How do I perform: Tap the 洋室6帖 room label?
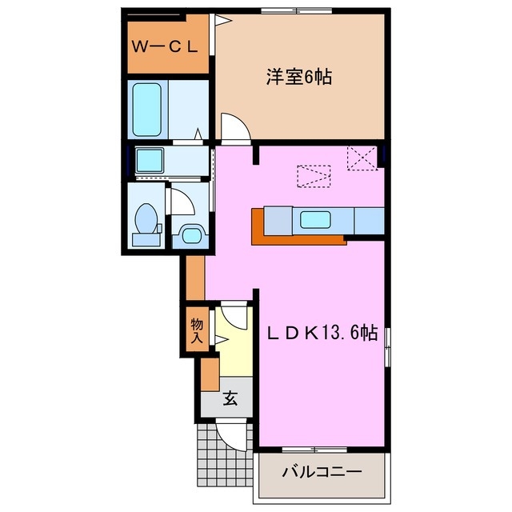(299, 78)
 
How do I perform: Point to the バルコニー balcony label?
(322, 472)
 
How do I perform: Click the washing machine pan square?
(150, 160)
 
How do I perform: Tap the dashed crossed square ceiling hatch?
(362, 159)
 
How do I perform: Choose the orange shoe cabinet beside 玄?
(210, 373)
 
